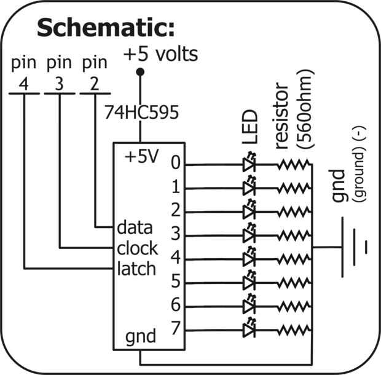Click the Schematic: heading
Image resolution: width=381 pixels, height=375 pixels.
106,27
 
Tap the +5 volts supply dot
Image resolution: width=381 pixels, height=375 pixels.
140,72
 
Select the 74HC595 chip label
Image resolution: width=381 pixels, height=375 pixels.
142,112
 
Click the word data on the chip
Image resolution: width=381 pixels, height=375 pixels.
135,227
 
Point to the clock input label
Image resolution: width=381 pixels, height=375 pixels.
137,248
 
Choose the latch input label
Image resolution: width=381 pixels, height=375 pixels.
136,269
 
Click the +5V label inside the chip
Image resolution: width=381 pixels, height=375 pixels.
142,156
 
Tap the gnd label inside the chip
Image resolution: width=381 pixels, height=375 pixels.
141,337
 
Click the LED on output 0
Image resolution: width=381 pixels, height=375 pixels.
249,163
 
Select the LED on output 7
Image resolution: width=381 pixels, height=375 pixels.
249,328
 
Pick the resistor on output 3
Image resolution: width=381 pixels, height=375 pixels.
294,235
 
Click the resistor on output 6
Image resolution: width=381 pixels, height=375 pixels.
294,307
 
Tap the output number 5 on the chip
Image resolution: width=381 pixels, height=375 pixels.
176,281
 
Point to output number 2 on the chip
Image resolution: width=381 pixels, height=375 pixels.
176,210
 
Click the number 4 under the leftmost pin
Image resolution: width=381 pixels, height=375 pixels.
24,84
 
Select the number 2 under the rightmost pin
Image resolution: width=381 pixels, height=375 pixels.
95,84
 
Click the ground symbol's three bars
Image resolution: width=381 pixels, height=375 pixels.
355,247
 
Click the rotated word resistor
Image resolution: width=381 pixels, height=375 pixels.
282,116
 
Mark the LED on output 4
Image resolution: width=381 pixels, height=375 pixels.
249,258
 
